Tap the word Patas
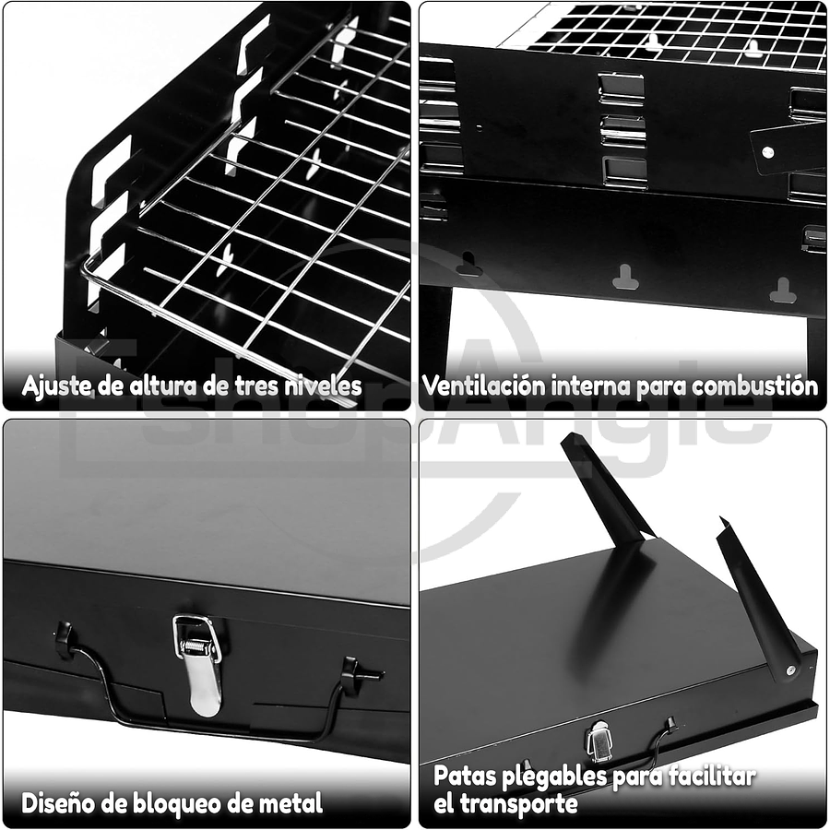point(465,777)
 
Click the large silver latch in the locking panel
point(199,662)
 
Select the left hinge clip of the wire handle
point(64,638)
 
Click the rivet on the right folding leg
point(790,670)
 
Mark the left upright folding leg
point(604,489)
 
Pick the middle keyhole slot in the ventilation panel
point(626,277)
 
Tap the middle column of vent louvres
point(623,129)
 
